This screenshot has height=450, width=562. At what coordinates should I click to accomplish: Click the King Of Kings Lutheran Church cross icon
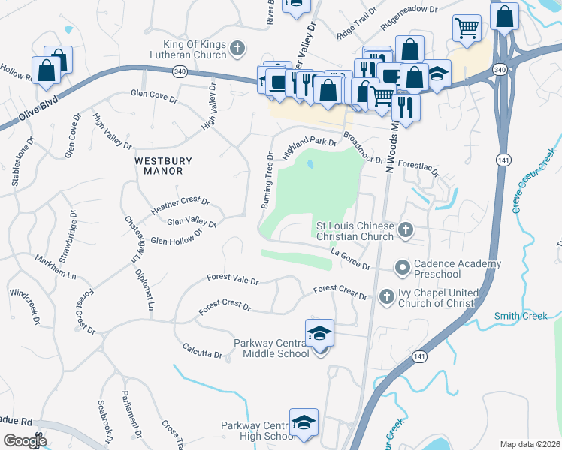[237, 49]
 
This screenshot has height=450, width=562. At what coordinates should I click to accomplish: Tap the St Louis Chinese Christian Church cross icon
[406, 230]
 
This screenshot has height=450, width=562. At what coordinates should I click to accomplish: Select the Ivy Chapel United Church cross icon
[387, 297]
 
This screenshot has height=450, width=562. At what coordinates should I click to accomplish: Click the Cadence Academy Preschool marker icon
[403, 266]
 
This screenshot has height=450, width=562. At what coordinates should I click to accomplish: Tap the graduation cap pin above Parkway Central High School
[304, 423]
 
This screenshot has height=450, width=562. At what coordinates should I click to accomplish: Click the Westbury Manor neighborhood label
[159, 166]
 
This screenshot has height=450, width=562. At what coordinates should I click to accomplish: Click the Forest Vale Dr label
[233, 280]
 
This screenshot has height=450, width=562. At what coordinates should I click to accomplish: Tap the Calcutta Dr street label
[203, 349]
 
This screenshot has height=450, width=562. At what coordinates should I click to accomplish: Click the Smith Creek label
[521, 316]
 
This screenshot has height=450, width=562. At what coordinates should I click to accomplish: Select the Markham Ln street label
[56, 267]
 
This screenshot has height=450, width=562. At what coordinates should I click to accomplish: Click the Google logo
[25, 440]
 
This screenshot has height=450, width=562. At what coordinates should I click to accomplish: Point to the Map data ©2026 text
[529, 443]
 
